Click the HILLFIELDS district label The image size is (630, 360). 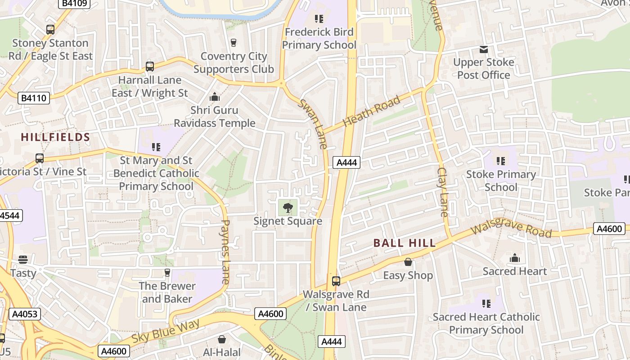[x=55, y=137]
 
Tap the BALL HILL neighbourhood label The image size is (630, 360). [x=405, y=243]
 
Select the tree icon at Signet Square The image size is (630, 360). [x=288, y=208]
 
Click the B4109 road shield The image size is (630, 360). [x=75, y=4]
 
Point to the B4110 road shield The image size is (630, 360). [x=34, y=98]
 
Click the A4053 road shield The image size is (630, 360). [x=24, y=314]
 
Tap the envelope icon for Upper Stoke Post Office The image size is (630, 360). [x=484, y=49]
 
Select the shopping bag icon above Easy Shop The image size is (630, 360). [x=408, y=262]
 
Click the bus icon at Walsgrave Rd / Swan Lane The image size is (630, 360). [x=336, y=281]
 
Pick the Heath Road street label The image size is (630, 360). [x=371, y=111]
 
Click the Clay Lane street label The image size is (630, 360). [x=443, y=192]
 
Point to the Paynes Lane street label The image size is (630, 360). [x=226, y=252]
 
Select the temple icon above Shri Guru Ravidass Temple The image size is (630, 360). [x=215, y=97]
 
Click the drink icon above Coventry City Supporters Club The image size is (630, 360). [x=233, y=43]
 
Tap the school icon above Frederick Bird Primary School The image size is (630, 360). [x=319, y=19]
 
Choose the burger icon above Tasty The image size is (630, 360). [x=23, y=260]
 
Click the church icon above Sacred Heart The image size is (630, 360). [x=515, y=258]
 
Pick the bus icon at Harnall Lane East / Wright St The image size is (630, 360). [x=150, y=67]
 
